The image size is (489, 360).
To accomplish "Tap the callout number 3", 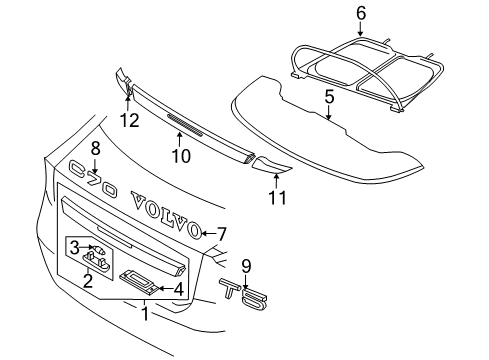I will (76, 245).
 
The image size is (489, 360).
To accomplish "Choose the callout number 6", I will (361, 12).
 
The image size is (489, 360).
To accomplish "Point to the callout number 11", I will (278, 197).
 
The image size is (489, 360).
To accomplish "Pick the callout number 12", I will (126, 121).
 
